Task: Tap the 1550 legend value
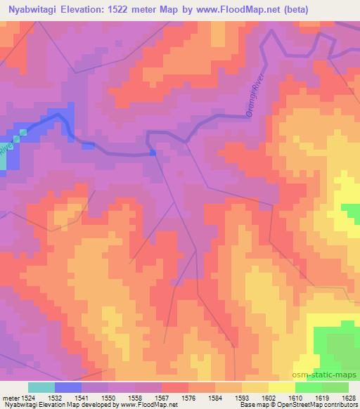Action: pyautogui.click(x=108, y=398)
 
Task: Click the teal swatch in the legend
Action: pyautogui.click(x=41, y=387)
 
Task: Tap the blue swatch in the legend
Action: pyautogui.click(x=68, y=387)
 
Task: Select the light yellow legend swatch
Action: pyautogui.click(x=282, y=387)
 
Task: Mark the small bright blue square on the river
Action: pyautogui.click(x=153, y=152)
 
